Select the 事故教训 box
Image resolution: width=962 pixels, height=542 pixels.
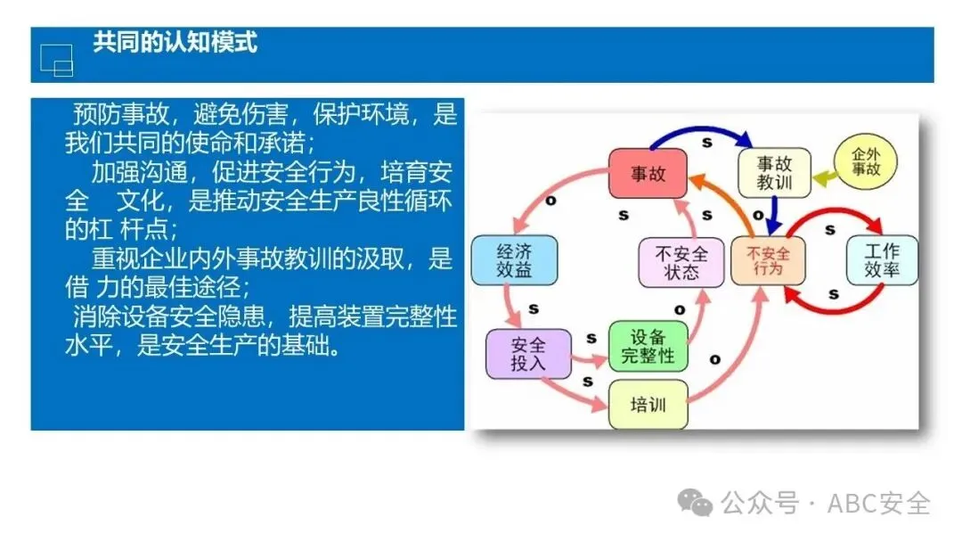pos(774,173)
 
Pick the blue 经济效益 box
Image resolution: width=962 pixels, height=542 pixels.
pos(514,259)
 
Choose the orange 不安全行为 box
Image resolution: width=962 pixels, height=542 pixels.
pos(766,259)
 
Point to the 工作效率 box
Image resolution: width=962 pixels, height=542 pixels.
pos(881,259)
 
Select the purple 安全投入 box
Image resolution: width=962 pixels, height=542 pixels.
pos(528,353)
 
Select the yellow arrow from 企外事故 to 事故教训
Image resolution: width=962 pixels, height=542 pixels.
pos(825,177)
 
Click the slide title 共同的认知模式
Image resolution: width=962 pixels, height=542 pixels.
pos(175,42)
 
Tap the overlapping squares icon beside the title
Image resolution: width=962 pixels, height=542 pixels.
pos(56,59)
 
